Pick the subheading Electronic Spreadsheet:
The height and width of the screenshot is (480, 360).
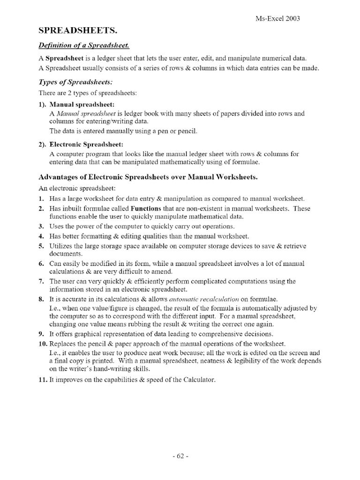point(87,144)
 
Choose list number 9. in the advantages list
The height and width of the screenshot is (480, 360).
point(41,334)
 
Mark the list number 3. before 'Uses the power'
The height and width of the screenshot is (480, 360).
point(41,226)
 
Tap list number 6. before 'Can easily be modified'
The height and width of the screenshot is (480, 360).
point(41,264)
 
